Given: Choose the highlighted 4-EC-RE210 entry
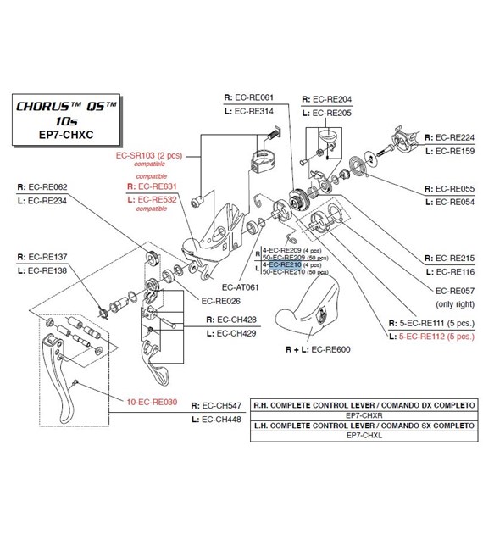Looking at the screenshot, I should click(286, 265).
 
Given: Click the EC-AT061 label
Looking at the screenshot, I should click(227, 286).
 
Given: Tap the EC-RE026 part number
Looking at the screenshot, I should click(221, 300).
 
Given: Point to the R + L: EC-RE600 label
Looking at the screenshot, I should click(318, 348).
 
